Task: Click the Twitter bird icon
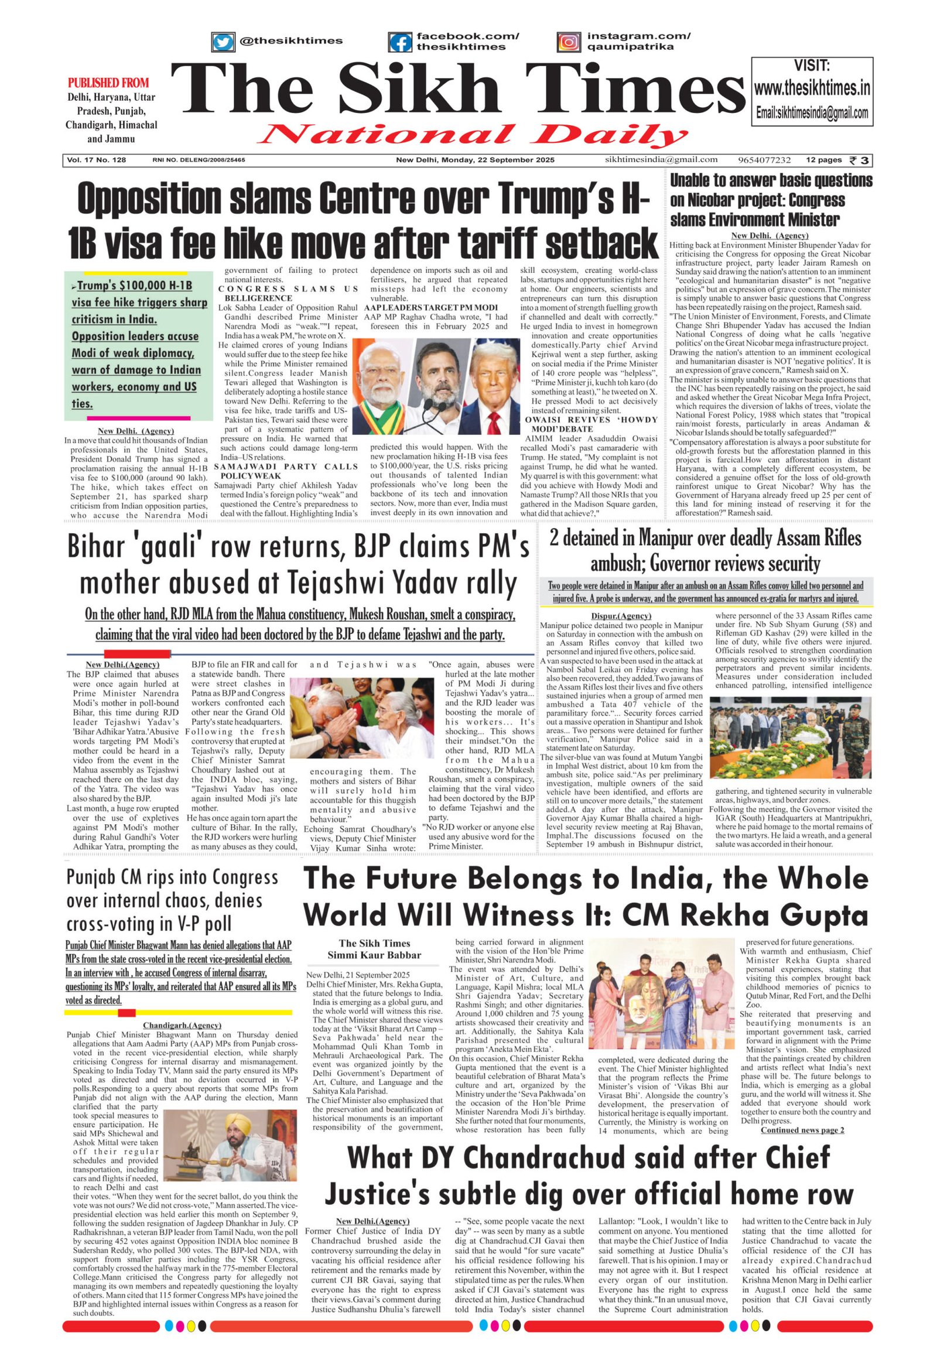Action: pos(223,42)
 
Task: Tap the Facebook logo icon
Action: pos(400,42)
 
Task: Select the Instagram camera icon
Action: pos(568,42)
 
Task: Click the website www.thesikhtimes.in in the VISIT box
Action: pos(811,89)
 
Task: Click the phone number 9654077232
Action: pos(764,160)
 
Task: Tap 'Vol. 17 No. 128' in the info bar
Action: pos(96,160)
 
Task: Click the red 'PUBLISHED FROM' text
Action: pos(108,83)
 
